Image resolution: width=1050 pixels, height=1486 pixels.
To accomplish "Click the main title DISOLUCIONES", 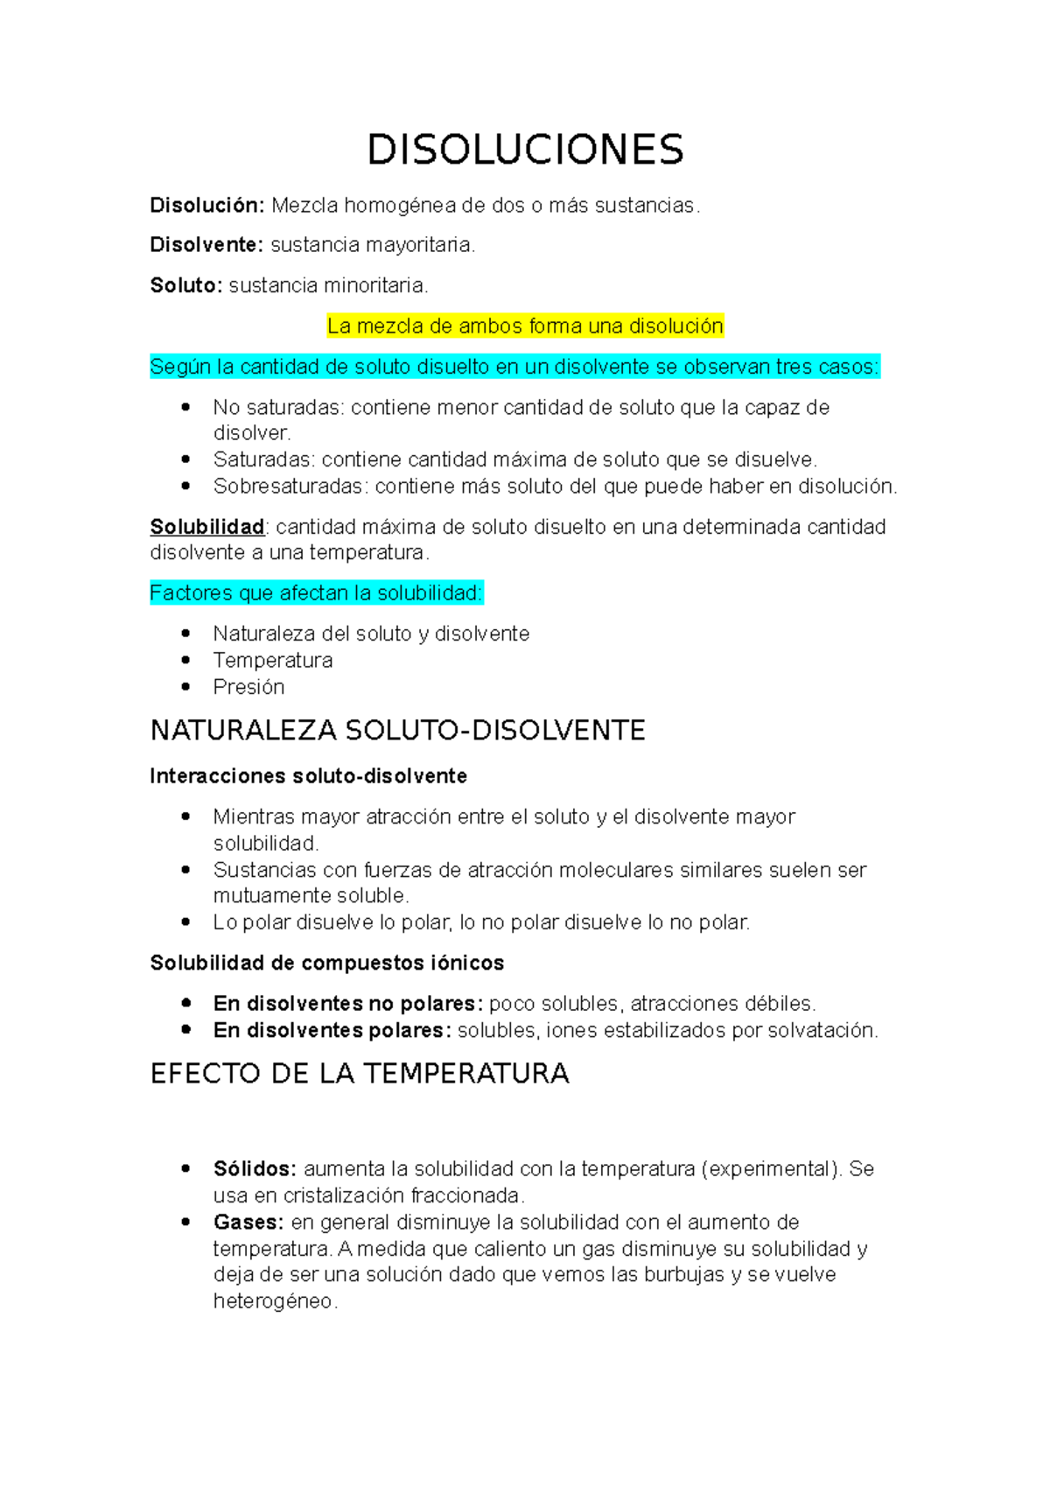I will click(x=525, y=150).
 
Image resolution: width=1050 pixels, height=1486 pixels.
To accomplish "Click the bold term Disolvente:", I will click(x=206, y=245).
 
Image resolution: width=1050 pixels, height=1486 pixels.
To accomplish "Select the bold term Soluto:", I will click(x=186, y=285).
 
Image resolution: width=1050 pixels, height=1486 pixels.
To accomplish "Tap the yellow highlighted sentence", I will click(x=525, y=326).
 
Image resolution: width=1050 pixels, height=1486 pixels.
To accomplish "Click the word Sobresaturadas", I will click(x=288, y=487).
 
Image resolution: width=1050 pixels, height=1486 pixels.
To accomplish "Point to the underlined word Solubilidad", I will click(x=206, y=527).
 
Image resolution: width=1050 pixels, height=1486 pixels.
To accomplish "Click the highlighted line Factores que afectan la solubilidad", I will click(x=316, y=593).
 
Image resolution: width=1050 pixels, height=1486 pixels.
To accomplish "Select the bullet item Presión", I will click(x=248, y=687).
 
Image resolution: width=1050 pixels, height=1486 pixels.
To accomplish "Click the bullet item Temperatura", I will click(x=272, y=661).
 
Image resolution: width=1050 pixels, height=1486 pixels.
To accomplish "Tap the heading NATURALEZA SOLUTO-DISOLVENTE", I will click(x=397, y=731).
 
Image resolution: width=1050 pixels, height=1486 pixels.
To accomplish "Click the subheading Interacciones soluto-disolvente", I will click(x=308, y=776).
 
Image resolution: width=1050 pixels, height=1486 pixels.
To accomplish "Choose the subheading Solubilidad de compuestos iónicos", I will click(x=326, y=964).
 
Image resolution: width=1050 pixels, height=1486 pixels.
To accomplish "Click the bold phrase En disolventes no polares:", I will click(x=347, y=1004).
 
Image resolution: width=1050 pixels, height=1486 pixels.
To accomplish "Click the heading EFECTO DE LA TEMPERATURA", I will click(x=360, y=1074).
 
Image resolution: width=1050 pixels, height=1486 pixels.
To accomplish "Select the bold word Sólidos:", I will click(x=255, y=1169).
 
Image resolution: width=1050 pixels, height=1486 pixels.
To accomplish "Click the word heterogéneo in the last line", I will click(x=274, y=1302).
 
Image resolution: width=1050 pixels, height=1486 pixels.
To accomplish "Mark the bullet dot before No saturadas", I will click(x=185, y=407).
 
